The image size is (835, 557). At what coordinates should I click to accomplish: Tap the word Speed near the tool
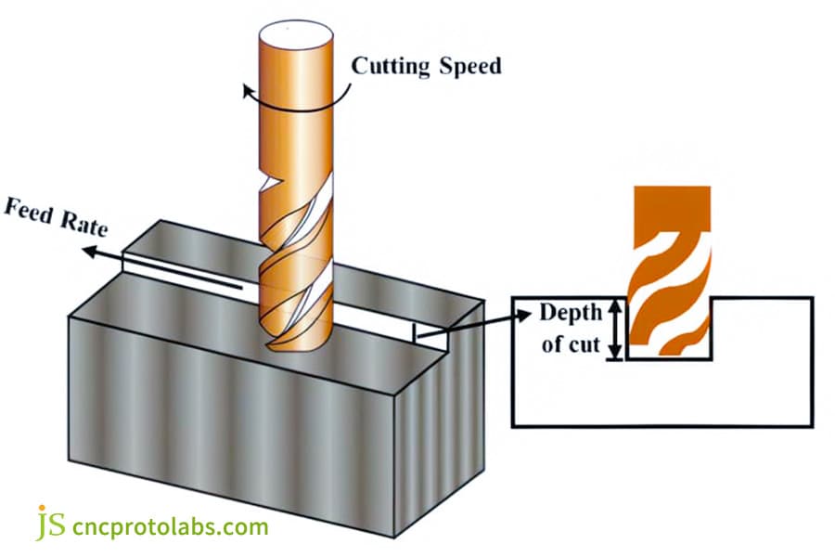click(x=472, y=67)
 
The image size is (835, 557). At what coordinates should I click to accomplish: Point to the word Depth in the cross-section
click(x=571, y=312)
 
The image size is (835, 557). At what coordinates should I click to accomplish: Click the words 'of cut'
click(x=571, y=345)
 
